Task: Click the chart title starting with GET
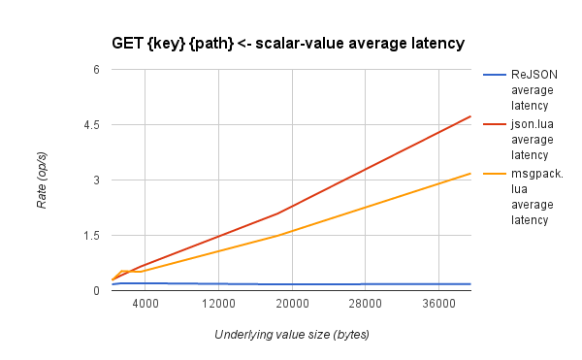pyautogui.click(x=289, y=43)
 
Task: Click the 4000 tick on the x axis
pyautogui.click(x=145, y=305)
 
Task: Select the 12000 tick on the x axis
pyautogui.click(x=219, y=305)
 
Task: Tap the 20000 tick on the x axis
pyautogui.click(x=292, y=305)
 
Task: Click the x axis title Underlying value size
pyautogui.click(x=292, y=334)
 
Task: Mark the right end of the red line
pyautogui.click(x=470, y=116)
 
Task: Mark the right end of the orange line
pyautogui.click(x=470, y=174)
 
